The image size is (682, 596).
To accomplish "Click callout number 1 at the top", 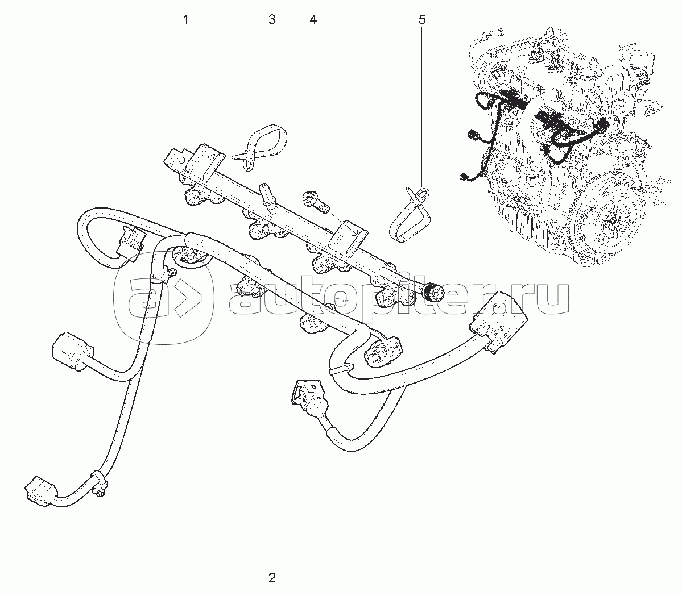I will click(185, 20).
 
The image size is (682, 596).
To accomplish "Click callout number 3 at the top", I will click(272, 20).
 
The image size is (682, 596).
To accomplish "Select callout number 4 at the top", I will click(313, 20).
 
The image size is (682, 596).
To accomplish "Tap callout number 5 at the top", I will click(421, 20).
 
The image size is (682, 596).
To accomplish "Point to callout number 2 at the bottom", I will click(272, 578).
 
